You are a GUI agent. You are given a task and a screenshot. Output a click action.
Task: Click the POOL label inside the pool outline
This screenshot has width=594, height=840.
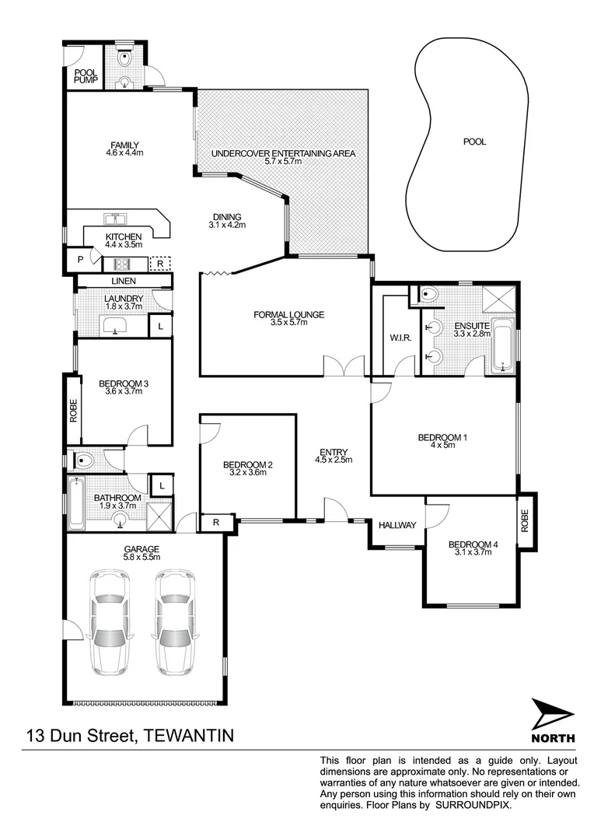[474, 142]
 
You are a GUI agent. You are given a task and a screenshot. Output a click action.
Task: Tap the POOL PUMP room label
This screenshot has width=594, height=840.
[84, 75]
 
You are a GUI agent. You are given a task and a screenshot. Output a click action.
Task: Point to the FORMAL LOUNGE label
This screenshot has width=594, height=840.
[288, 314]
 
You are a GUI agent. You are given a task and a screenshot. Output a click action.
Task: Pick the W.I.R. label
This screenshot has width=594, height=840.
[400, 338]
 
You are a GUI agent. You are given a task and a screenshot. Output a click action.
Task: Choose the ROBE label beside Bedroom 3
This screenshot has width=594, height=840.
[73, 410]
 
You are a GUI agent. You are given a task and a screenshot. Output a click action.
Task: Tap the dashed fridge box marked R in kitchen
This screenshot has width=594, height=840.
[159, 263]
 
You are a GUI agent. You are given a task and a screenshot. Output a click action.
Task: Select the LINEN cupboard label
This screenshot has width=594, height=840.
[123, 281]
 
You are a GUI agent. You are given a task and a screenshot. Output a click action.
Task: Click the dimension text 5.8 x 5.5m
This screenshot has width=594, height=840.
[141, 557]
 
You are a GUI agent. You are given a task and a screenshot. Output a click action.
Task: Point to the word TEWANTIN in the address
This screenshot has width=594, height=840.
[185, 735]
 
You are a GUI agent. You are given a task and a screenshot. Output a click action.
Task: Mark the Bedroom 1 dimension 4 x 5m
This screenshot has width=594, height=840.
[442, 446]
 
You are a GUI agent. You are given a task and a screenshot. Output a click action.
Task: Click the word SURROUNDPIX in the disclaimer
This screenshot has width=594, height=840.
[473, 807]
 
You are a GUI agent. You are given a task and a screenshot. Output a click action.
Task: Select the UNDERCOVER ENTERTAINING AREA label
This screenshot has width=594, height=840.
[283, 153]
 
